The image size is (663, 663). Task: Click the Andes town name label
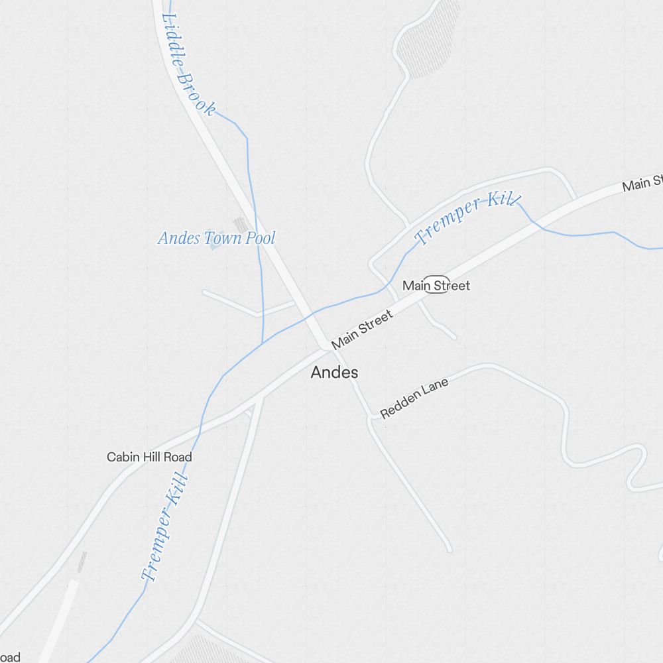(x=334, y=373)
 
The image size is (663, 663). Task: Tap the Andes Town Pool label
(x=216, y=238)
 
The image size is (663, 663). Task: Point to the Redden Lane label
(x=414, y=398)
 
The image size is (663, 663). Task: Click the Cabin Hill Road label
(x=149, y=457)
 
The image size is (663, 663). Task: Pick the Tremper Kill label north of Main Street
(x=467, y=219)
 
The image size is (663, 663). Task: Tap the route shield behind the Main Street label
(x=437, y=284)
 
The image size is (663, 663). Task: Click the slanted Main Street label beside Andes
(x=362, y=328)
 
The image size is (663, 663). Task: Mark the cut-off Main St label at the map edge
(x=642, y=183)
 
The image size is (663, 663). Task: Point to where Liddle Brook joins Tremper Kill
(x=263, y=342)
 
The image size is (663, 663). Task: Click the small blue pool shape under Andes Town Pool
(x=214, y=246)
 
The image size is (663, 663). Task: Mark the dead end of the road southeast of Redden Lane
(x=449, y=549)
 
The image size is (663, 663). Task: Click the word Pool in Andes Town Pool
(x=260, y=238)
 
